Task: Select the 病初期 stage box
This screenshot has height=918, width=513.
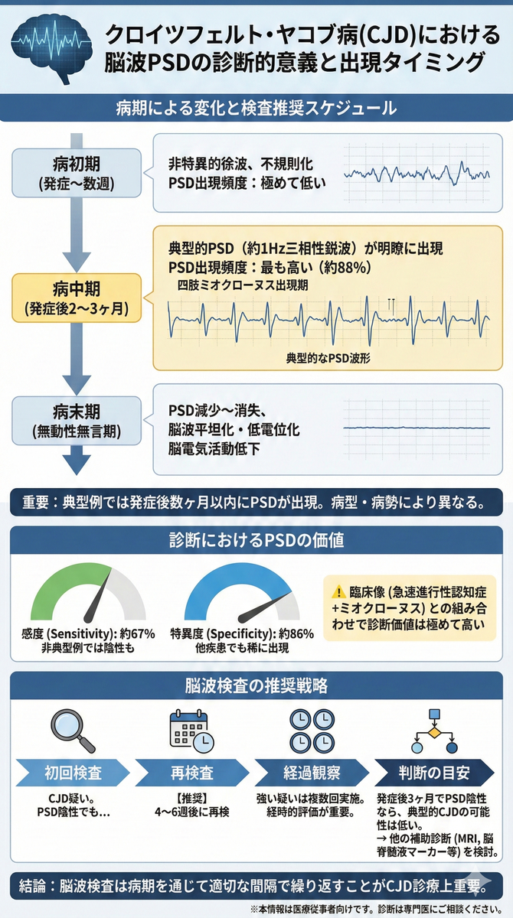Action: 77,173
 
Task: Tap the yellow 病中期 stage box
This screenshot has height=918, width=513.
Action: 77,298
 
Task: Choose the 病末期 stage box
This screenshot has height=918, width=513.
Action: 77,421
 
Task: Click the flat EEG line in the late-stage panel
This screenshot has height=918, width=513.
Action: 417,428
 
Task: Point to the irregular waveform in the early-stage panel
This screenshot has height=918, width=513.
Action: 417,173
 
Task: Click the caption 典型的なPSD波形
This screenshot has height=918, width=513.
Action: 328,358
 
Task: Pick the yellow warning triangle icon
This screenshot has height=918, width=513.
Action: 339,592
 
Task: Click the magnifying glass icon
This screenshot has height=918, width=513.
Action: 72,731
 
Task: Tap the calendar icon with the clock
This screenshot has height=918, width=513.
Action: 192,731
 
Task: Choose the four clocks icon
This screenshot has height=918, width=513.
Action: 312,731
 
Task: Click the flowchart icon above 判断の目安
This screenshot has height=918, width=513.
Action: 434,731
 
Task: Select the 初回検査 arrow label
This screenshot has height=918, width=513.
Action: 73,773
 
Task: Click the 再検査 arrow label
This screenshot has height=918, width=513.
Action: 192,773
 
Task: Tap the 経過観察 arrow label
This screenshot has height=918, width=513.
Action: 312,773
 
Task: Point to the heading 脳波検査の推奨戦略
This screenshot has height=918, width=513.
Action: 256,685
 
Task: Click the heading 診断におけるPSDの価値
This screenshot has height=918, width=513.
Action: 256,540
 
